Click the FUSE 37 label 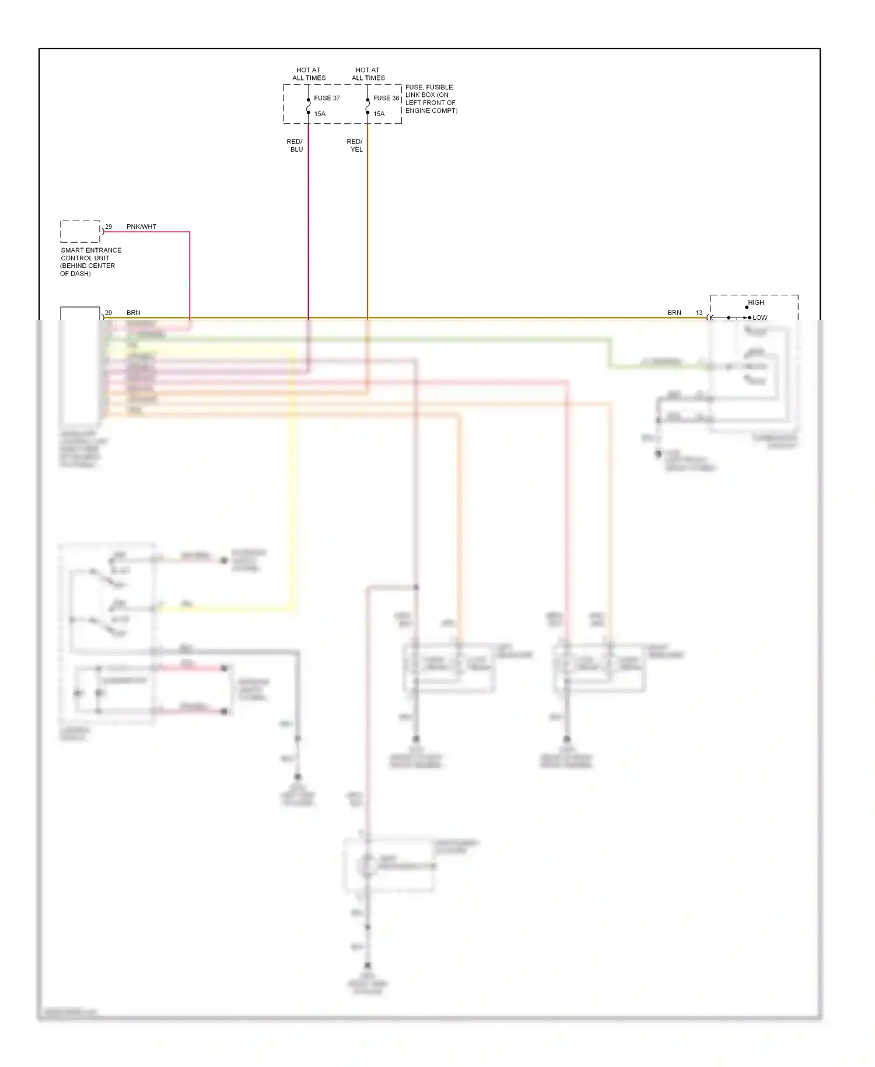click(x=327, y=98)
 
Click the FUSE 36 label click(x=386, y=98)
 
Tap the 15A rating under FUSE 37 click(x=320, y=114)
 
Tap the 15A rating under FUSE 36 click(x=379, y=114)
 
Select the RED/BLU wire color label click(x=295, y=145)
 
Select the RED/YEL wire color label click(x=355, y=145)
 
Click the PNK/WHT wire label click(x=141, y=226)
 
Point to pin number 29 click(x=108, y=226)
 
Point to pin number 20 click(x=108, y=313)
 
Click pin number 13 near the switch click(x=699, y=313)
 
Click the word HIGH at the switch click(x=756, y=302)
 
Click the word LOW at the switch click(x=760, y=318)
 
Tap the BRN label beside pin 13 click(x=674, y=313)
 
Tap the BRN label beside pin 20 click(x=134, y=313)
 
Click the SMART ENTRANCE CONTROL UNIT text click(x=90, y=261)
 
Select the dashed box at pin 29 click(x=80, y=232)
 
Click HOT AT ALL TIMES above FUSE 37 click(x=309, y=74)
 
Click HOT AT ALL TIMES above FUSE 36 click(x=368, y=74)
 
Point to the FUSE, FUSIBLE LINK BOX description click(x=431, y=99)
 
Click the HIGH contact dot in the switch click(x=747, y=307)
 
